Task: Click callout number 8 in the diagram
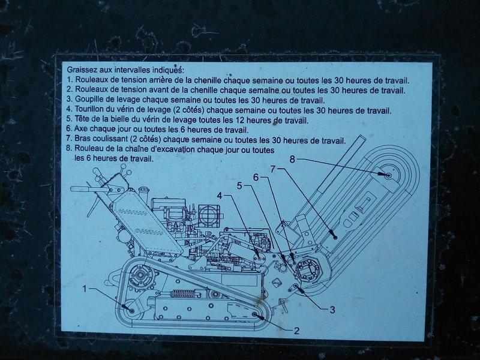(292, 159)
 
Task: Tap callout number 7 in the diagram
(274, 168)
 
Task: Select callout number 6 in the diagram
(257, 177)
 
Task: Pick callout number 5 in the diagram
(239, 185)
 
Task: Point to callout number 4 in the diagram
(220, 196)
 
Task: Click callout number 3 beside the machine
(332, 310)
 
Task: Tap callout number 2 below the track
(296, 331)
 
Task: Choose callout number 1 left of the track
(85, 289)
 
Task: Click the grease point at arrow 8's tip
(388, 175)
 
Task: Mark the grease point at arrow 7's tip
(335, 237)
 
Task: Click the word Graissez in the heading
(80, 70)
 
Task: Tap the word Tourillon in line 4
(88, 109)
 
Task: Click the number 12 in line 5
(239, 119)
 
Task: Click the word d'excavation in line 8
(176, 149)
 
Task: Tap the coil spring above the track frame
(182, 293)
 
